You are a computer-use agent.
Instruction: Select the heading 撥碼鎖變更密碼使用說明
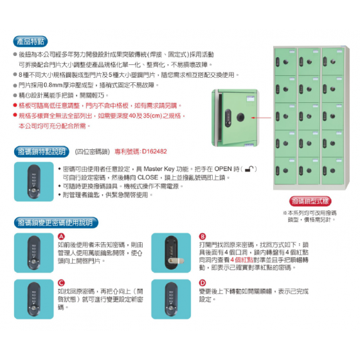tap(54, 222)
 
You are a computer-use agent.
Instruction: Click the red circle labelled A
tap(61, 237)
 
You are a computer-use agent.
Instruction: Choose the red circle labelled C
tap(61, 282)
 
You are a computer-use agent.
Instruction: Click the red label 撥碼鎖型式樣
tap(310, 201)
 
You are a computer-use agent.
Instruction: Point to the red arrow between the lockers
tap(257, 118)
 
